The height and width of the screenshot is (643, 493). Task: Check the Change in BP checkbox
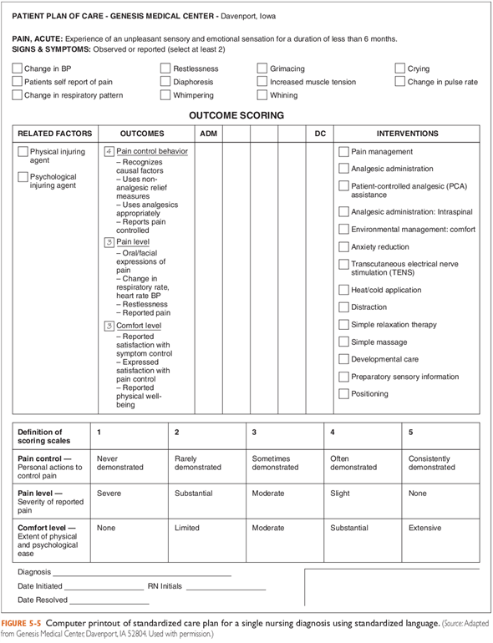coord(18,68)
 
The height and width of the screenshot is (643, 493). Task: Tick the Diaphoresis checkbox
coord(166,82)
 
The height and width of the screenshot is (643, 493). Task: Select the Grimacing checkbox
coord(263,68)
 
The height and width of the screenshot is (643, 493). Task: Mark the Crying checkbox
coord(400,68)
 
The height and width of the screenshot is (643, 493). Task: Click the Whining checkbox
coord(263,95)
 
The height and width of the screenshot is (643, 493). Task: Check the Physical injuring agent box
coord(23,152)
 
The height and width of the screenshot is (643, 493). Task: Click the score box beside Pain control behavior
coord(109,152)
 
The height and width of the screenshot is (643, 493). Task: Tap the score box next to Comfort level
coord(109,326)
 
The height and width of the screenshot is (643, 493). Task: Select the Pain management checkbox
coord(343,152)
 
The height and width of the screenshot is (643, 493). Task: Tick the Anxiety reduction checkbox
coord(343,247)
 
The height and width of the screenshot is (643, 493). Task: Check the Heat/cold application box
coord(343,290)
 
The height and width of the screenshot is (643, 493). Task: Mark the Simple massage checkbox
coord(343,342)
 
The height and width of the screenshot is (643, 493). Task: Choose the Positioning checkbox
coord(343,394)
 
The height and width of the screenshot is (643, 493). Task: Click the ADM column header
coord(208,134)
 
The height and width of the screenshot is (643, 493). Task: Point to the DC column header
coord(319,134)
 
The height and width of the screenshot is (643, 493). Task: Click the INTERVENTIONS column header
coord(407,134)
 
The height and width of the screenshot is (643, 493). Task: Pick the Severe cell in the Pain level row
coord(109,494)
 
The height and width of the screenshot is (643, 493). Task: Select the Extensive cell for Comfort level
coord(425,529)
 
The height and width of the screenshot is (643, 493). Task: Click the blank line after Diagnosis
coord(142,575)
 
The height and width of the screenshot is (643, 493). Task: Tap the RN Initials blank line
coord(226,588)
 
